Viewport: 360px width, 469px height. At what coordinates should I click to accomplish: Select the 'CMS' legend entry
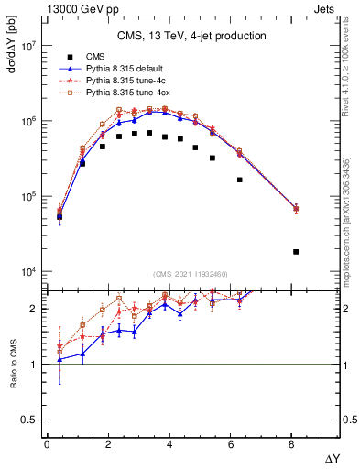point(107,57)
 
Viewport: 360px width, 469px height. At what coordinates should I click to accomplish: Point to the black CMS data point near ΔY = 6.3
point(240,180)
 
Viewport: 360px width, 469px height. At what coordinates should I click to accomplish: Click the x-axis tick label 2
point(108,446)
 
